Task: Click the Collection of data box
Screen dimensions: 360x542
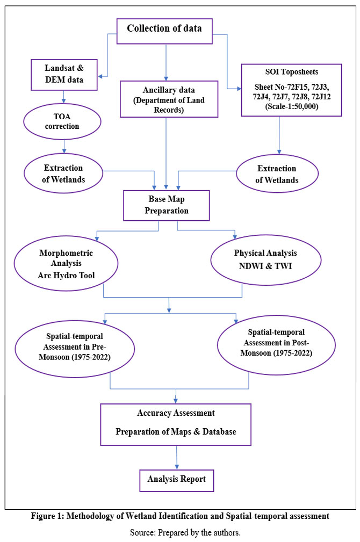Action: coord(164,31)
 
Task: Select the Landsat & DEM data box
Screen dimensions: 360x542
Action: coord(64,75)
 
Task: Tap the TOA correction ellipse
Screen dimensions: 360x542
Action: coord(62,121)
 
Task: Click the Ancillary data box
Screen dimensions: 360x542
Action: coord(169,99)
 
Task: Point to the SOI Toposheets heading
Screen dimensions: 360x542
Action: coord(292,72)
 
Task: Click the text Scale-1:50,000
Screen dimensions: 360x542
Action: coord(292,106)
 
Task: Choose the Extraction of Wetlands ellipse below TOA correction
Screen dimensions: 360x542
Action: coord(63,173)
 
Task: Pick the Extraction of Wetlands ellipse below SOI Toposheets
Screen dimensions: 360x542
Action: coord(277,174)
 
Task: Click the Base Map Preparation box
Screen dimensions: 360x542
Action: coord(167,205)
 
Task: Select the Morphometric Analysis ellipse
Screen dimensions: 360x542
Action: coord(66,263)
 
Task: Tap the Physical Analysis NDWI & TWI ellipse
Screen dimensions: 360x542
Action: coord(265,259)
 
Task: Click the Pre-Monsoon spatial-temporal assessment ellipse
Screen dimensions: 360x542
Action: coord(75,349)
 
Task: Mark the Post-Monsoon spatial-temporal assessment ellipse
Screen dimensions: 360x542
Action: coord(276,344)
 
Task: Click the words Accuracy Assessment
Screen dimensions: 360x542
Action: coord(176,413)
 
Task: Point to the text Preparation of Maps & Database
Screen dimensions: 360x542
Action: coord(176,432)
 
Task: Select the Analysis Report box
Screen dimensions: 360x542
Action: coord(177,480)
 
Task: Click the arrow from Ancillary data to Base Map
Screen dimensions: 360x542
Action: coord(167,154)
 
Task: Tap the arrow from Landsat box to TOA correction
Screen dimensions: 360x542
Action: coord(63,97)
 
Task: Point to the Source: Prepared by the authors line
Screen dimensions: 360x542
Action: coord(185,533)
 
